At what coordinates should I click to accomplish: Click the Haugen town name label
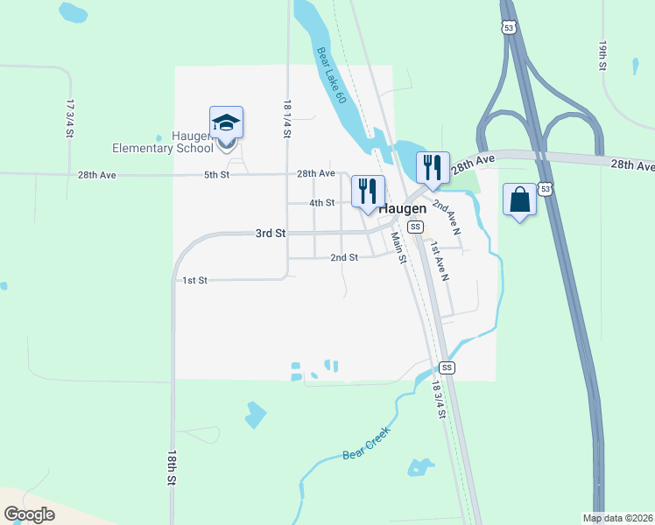(404, 209)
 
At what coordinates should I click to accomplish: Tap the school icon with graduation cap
(226, 124)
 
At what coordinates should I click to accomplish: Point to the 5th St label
(216, 175)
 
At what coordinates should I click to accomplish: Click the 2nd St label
(344, 257)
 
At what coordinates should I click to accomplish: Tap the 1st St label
(194, 280)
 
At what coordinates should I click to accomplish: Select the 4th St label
(322, 203)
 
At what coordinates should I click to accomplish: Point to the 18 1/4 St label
(287, 115)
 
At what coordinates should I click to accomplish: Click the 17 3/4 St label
(69, 117)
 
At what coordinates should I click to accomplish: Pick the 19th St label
(603, 54)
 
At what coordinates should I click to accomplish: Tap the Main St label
(399, 248)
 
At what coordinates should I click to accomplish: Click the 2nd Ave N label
(446, 216)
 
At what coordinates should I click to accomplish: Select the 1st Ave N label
(439, 261)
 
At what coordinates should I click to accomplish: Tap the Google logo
(30, 514)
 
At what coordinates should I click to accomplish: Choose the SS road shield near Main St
(416, 227)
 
